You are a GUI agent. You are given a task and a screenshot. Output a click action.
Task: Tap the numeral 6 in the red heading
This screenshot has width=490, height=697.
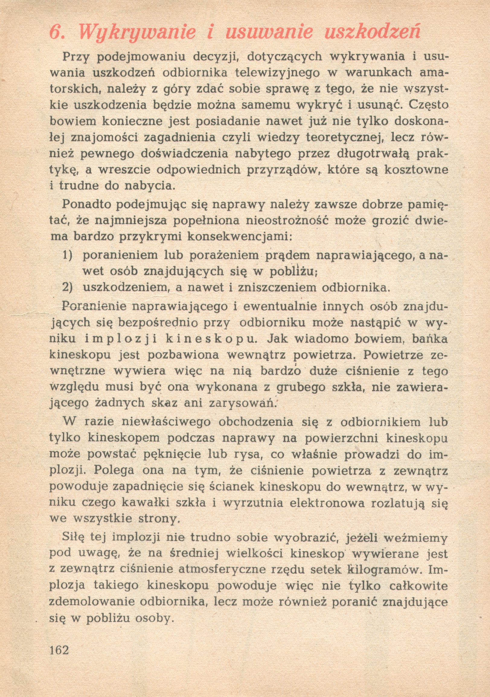[x=56, y=32]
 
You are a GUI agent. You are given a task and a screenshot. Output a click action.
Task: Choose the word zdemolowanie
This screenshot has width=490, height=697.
[x=92, y=602]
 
